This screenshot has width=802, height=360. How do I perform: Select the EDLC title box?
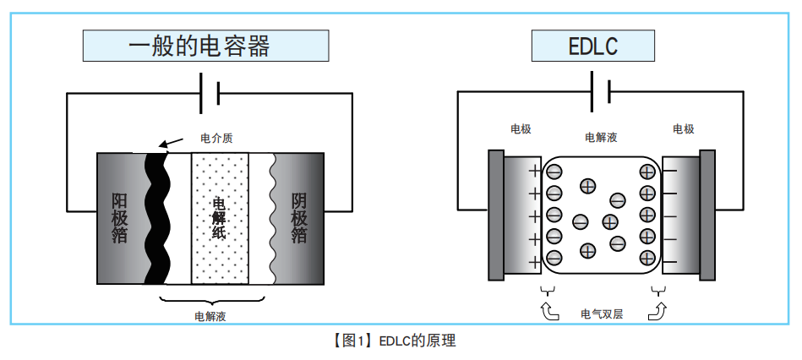tap(593, 46)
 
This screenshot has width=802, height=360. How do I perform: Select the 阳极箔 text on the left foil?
tap(120, 218)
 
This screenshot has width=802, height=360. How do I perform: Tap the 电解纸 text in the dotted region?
tap(219, 218)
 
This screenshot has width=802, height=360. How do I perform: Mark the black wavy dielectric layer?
tap(156, 218)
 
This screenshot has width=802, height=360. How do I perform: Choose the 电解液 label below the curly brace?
tap(210, 317)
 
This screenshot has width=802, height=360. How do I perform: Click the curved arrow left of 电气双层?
tap(549, 312)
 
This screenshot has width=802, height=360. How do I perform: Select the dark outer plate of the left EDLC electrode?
tap(496, 215)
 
